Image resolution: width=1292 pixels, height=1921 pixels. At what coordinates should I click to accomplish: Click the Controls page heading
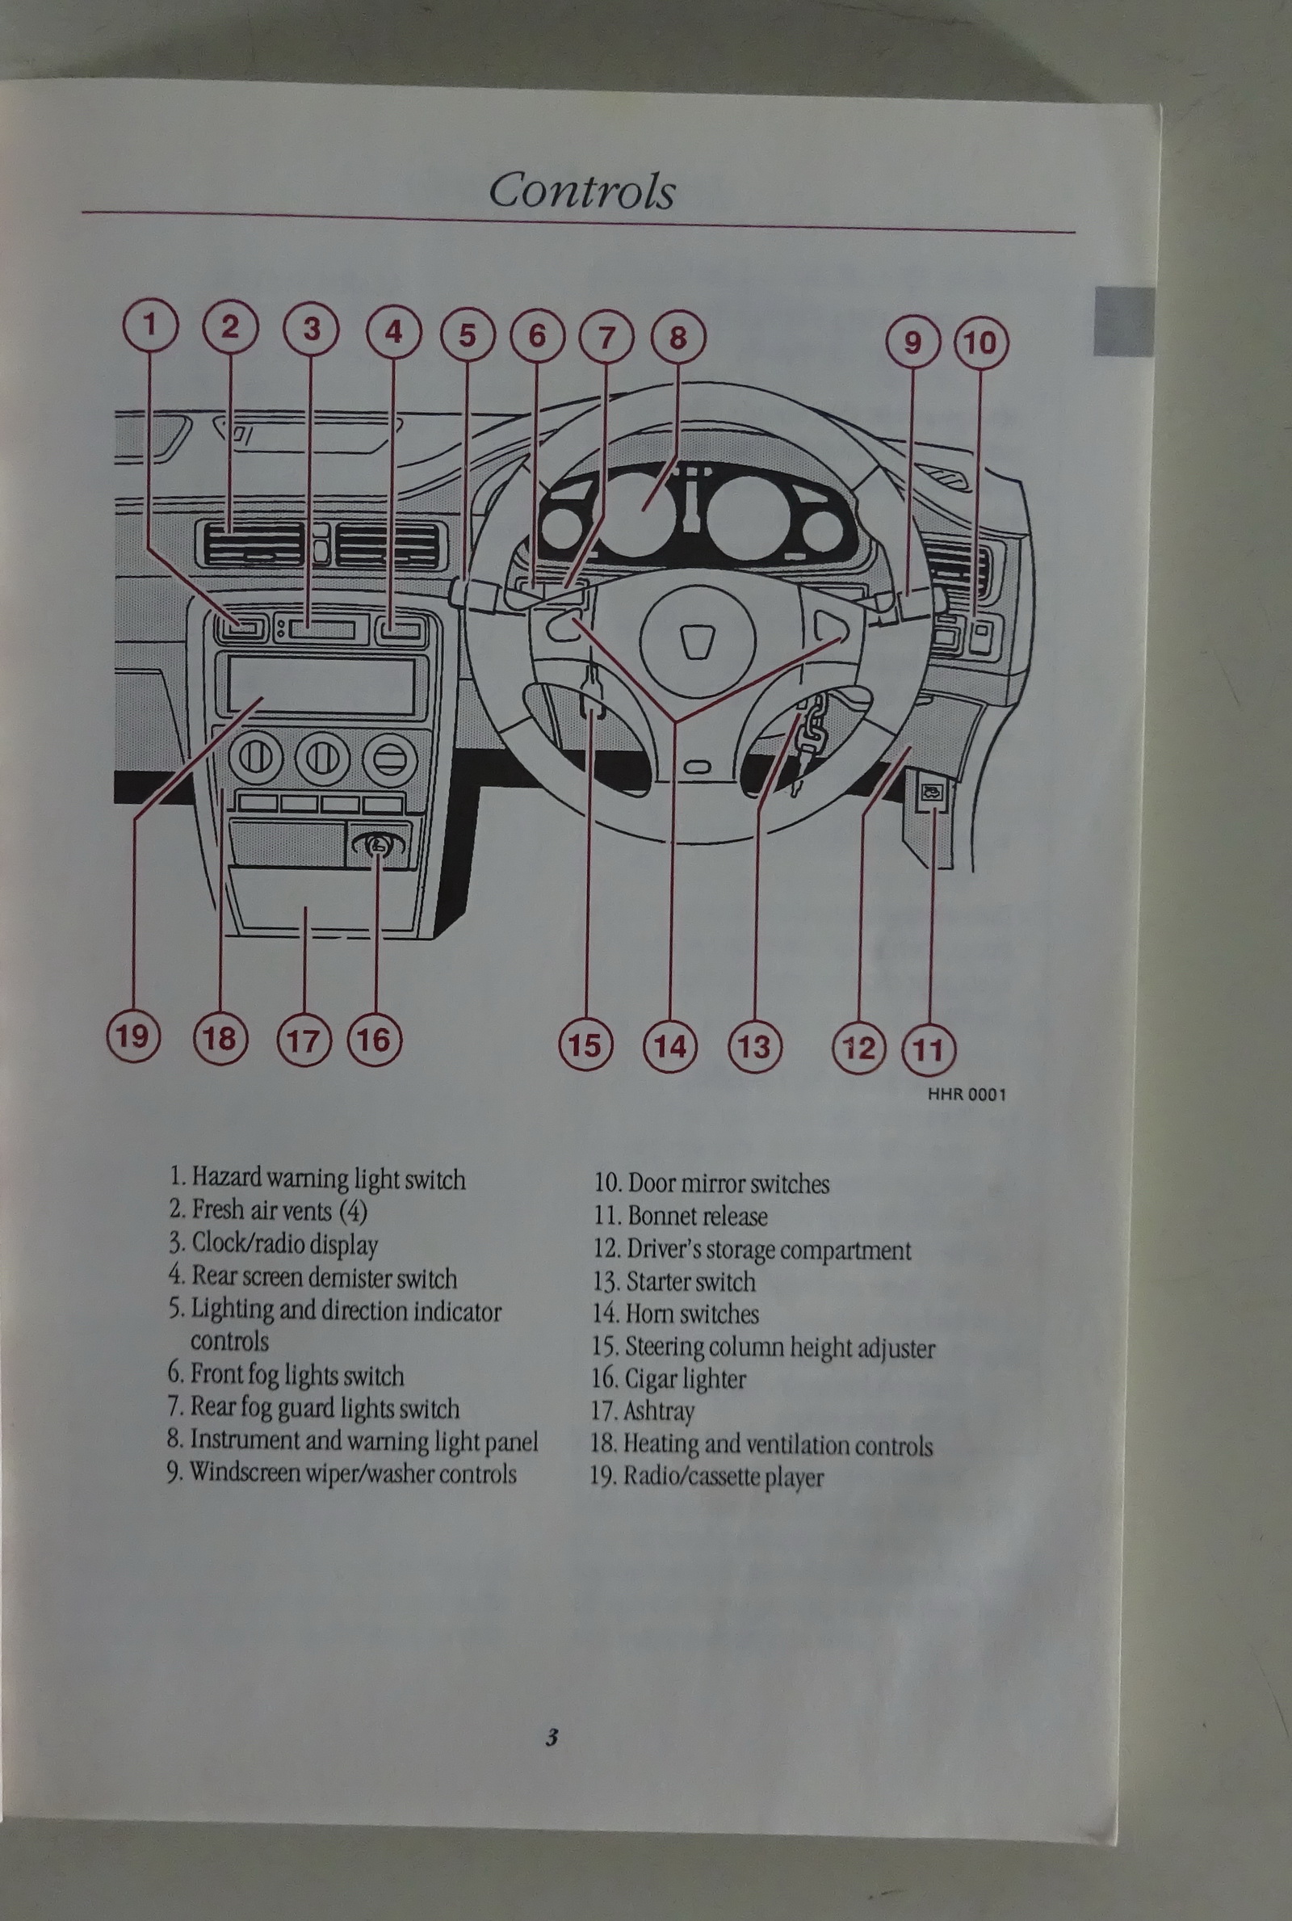point(581,191)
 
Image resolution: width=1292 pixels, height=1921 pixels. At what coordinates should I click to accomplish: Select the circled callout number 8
point(678,337)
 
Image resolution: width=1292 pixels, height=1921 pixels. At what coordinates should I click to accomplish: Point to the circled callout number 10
point(980,342)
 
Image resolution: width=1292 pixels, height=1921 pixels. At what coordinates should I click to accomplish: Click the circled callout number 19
point(133,1035)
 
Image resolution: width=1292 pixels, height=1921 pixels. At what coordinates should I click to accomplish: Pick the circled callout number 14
point(670,1046)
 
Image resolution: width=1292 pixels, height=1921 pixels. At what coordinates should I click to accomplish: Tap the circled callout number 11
point(929,1050)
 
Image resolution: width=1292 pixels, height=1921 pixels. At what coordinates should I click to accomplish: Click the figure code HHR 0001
point(967,1095)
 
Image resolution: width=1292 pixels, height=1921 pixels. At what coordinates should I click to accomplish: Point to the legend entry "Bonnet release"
point(681,1216)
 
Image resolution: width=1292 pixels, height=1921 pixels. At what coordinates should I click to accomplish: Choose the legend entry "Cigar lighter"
point(669,1378)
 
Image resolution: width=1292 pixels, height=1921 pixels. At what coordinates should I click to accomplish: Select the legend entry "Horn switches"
point(676,1313)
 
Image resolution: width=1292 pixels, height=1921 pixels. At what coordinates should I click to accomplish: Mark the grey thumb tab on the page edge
point(1123,322)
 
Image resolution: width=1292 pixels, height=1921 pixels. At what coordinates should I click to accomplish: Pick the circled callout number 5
point(468,334)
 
